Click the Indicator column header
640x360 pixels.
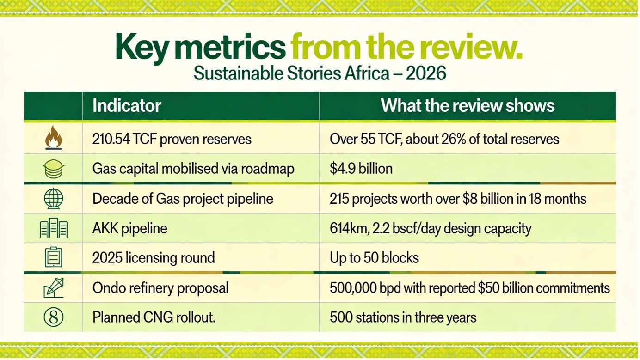127,106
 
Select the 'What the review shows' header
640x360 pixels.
468,106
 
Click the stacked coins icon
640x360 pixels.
53,169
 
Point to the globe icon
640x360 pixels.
53,199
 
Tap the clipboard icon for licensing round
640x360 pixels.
53,257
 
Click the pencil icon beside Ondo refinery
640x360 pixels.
53,288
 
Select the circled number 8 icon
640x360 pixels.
53,317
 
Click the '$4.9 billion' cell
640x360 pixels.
361,169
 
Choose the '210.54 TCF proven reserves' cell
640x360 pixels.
172,139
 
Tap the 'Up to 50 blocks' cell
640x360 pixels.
374,257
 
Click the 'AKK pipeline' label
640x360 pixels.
130,228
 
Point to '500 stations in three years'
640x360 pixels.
403,317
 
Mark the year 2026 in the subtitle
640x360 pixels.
425,73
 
